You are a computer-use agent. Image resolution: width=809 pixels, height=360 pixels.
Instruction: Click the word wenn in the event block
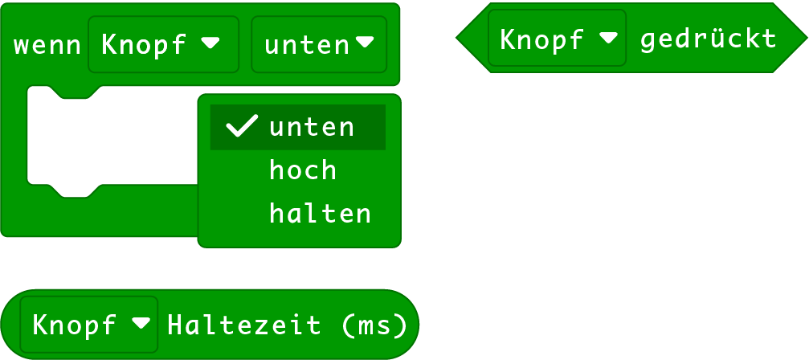pyautogui.click(x=47, y=45)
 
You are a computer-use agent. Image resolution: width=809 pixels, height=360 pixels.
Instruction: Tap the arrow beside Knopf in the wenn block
pyautogui.click(x=210, y=43)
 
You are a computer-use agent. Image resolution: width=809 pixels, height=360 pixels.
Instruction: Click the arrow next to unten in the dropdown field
pyautogui.click(x=365, y=42)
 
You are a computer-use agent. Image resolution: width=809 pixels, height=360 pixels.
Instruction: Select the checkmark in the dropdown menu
pyautogui.click(x=241, y=126)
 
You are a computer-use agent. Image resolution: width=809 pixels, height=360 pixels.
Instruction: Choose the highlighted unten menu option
pyautogui.click(x=312, y=127)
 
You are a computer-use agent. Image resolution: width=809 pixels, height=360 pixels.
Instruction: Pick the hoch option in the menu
pyautogui.click(x=303, y=170)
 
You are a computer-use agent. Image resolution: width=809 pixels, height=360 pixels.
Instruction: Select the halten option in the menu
pyautogui.click(x=320, y=214)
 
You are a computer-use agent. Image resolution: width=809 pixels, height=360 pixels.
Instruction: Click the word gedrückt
pyautogui.click(x=708, y=39)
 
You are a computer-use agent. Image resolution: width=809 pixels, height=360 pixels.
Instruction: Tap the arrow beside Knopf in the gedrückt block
pyautogui.click(x=608, y=37)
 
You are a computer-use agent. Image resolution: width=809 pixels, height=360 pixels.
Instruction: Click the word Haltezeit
pyautogui.click(x=244, y=325)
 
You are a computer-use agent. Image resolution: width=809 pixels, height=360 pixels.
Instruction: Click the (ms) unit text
pyautogui.click(x=374, y=325)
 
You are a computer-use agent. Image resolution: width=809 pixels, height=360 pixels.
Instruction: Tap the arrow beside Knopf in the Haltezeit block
pyautogui.click(x=141, y=323)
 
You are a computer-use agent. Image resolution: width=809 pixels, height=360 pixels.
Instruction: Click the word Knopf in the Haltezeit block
pyautogui.click(x=75, y=325)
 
